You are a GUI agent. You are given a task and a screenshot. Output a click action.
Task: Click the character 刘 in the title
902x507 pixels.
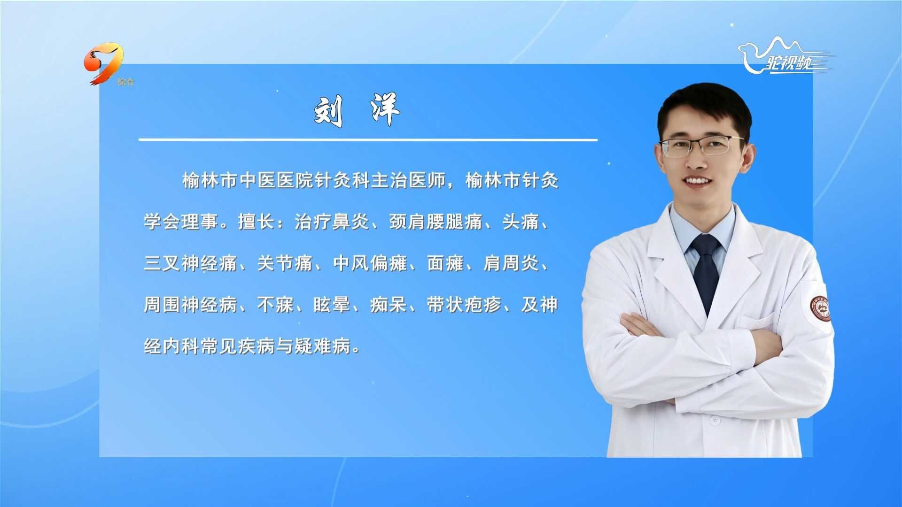[328, 111]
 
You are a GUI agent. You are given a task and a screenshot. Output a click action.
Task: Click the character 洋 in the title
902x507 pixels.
[385, 109]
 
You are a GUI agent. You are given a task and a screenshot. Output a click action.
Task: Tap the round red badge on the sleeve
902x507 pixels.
[820, 309]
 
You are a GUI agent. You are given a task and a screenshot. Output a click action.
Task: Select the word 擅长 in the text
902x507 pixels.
[257, 222]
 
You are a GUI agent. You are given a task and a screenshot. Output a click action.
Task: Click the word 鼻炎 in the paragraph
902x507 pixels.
[350, 222]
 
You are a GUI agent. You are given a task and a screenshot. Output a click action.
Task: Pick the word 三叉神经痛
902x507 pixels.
[190, 263]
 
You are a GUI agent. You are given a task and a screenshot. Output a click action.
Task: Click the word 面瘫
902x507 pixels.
[445, 263]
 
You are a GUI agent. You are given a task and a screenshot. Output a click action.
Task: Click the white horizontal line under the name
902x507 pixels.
[368, 140]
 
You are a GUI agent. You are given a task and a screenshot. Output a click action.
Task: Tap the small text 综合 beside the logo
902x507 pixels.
[126, 82]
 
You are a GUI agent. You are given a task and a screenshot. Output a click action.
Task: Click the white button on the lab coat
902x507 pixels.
[715, 421]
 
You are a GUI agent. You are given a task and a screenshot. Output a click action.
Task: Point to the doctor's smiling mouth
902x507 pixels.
[697, 181]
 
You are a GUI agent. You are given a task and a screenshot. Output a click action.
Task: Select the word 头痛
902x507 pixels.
[521, 222]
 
